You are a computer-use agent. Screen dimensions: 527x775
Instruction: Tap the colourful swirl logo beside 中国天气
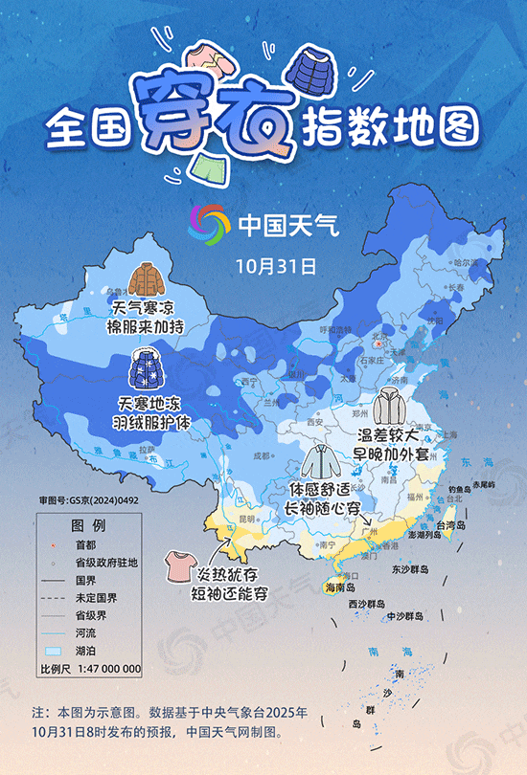pos(209,225)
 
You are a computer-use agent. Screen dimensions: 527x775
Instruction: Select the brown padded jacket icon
pos(147,281)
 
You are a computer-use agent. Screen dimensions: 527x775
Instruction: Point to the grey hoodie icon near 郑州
pos(390,406)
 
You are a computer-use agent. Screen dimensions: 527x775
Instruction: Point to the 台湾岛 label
pos(460,526)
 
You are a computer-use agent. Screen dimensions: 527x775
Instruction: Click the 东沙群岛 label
pos(410,568)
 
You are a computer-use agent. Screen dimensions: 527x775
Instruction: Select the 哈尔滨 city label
pos(465,262)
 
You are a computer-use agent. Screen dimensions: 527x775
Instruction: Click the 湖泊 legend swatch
pos(50,650)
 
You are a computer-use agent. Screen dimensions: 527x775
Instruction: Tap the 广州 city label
pos(369,528)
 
